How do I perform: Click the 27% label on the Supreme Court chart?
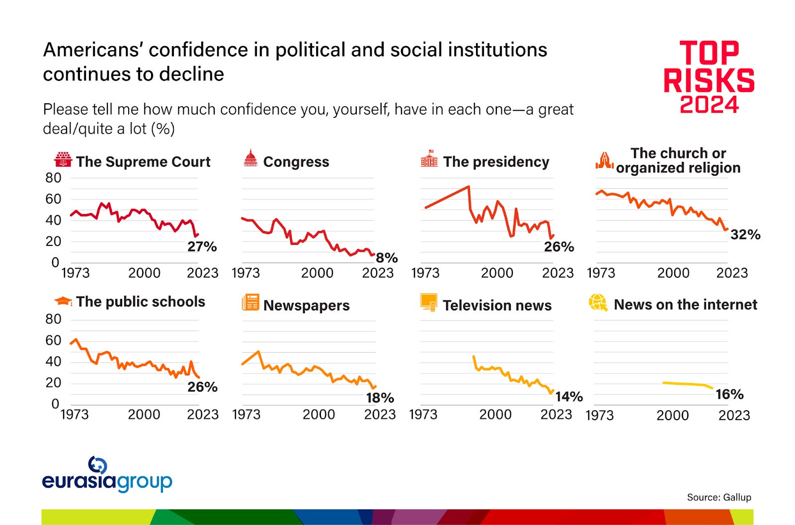click(x=202, y=247)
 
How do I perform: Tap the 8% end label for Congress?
click(x=387, y=258)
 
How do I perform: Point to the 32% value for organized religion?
click(x=745, y=234)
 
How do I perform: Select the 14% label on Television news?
click(x=568, y=396)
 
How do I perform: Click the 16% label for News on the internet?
click(x=729, y=394)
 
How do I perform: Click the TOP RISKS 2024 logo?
click(x=709, y=77)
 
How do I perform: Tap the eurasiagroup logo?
click(x=107, y=475)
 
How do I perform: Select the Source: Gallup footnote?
click(x=718, y=497)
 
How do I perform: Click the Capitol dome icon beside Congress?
click(x=250, y=158)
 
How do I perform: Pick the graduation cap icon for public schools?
click(x=63, y=301)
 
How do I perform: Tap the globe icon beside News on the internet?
click(x=598, y=302)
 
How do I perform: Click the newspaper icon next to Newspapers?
click(x=250, y=302)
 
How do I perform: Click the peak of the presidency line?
click(x=468, y=187)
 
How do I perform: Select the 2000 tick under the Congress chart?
click(x=317, y=273)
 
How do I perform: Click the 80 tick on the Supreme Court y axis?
click(x=53, y=178)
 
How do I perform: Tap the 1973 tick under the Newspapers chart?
click(x=246, y=414)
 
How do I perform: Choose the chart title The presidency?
click(x=496, y=162)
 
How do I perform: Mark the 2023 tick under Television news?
click(x=556, y=414)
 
